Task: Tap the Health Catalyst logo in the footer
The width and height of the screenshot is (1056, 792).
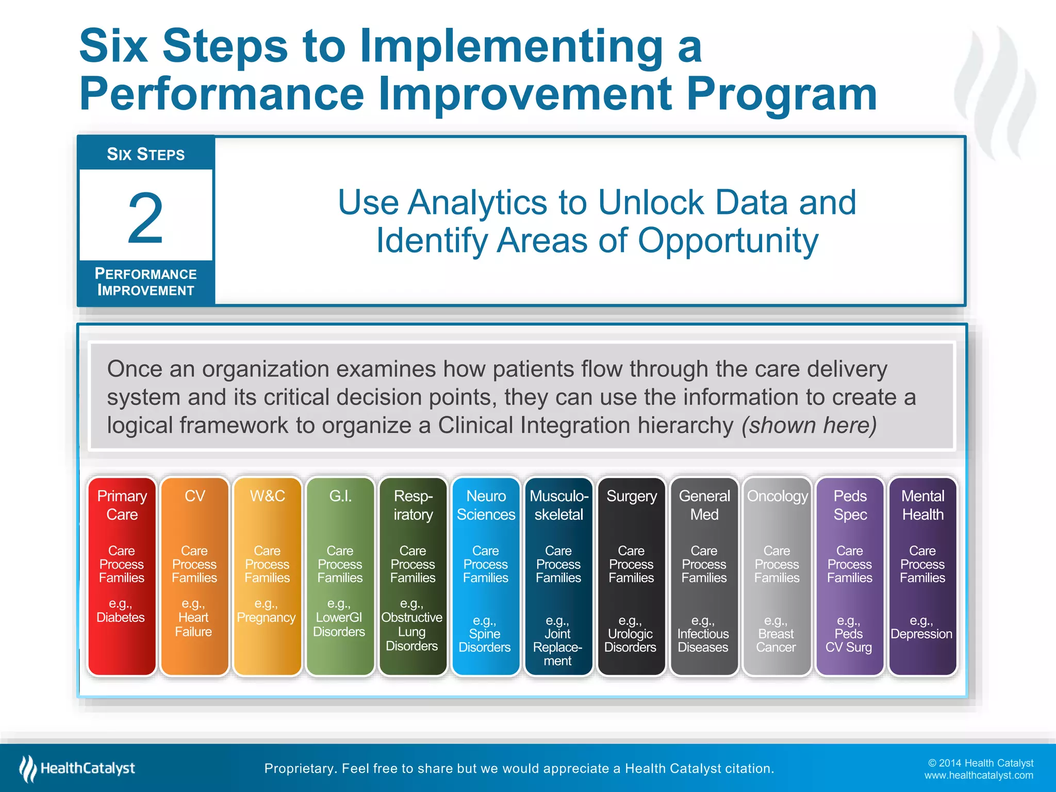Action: coord(77,768)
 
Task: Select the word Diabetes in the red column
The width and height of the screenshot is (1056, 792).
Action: coord(121,617)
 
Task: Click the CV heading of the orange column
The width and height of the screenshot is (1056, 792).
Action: coord(194,496)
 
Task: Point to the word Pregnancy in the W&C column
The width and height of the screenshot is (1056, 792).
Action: coord(266,617)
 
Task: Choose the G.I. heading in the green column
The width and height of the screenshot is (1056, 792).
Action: coord(340,496)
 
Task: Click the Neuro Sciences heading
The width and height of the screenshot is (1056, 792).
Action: coord(486,505)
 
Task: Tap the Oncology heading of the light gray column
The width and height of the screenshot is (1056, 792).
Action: coord(777,496)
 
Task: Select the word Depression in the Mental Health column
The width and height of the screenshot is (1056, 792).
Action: coord(921,634)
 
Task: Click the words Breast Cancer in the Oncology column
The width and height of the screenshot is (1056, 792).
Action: coord(776,640)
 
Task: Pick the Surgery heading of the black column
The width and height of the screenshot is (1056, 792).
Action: coord(632,496)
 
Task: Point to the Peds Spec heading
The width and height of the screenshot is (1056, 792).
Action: coord(850,505)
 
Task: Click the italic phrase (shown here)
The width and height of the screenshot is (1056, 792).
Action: coord(809,425)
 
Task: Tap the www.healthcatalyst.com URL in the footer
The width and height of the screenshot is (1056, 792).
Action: coord(978,775)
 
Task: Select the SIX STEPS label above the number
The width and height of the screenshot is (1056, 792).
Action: coord(145,154)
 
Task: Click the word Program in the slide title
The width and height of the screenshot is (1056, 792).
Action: coord(782,94)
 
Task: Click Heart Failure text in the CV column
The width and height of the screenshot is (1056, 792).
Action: coord(193,624)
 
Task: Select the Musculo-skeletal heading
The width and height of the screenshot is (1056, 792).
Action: coord(559,505)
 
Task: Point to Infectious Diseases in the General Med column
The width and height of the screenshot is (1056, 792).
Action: coord(703,640)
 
